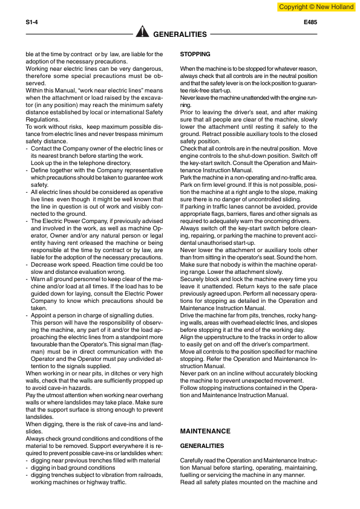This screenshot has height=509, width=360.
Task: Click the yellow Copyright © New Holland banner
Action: click(316, 7)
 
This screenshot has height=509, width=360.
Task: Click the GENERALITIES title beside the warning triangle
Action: click(181, 34)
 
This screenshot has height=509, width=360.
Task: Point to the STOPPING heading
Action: click(195, 54)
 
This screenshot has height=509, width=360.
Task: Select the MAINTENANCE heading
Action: click(205, 431)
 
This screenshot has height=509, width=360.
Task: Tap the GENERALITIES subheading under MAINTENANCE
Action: click(202, 446)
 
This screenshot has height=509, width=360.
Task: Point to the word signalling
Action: click(121, 316)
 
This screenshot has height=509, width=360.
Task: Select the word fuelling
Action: click(192, 475)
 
